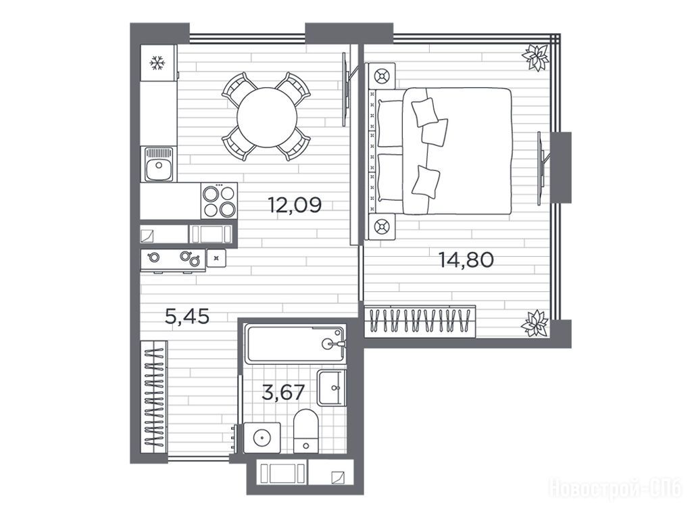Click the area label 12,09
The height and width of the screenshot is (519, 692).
coord(295,205)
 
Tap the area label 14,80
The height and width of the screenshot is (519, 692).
coord(466,260)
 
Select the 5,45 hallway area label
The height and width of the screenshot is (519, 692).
coord(187,316)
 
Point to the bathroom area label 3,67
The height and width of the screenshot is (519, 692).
coord(283,392)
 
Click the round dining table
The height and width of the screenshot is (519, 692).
coord(266,118)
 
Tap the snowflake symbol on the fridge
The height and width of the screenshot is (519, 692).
coord(157,63)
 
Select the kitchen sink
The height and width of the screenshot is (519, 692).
coord(159,164)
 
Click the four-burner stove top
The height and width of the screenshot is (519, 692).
coord(219,200)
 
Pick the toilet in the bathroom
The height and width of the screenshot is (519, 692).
coord(306,430)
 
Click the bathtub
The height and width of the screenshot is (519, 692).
coord(295,344)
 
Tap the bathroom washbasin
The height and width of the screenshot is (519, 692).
coord(331,387)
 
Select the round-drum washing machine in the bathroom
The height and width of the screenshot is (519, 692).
coord(262,438)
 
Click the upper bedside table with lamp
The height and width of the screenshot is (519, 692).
coord(382,76)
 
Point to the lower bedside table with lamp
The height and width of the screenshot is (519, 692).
coord(382,227)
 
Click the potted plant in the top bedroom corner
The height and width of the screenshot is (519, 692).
coord(535,57)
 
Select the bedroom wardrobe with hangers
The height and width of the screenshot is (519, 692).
coord(420,321)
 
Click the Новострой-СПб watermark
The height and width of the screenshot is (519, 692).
coord(615,489)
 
